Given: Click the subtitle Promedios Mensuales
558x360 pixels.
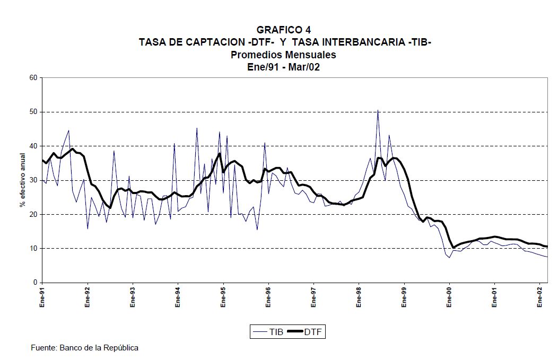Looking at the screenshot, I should click(284, 55).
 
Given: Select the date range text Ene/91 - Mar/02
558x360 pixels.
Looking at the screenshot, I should click(284, 67).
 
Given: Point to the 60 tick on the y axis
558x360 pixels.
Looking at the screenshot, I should click(33, 78).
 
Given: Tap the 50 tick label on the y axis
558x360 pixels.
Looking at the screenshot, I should click(33, 112).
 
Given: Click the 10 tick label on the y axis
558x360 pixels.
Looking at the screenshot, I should click(33, 249).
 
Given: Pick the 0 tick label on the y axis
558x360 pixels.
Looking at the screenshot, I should click(35, 283).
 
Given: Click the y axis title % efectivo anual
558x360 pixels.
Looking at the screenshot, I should click(22, 180).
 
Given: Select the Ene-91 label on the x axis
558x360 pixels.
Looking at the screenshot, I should click(42, 297).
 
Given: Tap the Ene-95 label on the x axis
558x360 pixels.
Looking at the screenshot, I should click(223, 297).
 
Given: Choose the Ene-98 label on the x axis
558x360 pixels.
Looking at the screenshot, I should click(359, 297).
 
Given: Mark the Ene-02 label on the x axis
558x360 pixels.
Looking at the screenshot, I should click(540, 297).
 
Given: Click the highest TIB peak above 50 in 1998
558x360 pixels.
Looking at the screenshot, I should click(378, 111).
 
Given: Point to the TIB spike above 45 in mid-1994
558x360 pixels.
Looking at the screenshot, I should click(197, 128).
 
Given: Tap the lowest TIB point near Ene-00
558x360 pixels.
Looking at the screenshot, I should click(449, 258).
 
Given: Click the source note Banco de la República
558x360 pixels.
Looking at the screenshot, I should click(85, 348).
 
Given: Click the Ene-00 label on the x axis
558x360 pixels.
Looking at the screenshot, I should click(450, 297).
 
